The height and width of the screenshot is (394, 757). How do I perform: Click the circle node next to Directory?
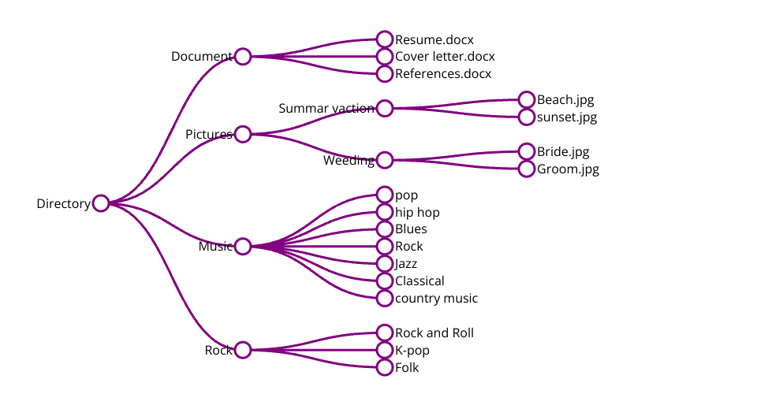coord(101,203)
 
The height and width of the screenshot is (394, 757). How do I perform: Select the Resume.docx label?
coord(434,39)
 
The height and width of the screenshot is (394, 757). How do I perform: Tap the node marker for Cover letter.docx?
coord(385,57)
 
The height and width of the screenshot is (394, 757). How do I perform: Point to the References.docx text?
coord(443,74)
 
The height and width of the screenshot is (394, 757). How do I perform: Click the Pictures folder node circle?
coord(243,134)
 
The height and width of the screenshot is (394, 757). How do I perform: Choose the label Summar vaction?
coord(326,108)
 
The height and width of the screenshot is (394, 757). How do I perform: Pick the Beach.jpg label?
coord(565,100)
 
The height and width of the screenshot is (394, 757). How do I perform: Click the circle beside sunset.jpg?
coord(527,117)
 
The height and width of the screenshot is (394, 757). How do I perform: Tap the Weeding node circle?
coord(385,160)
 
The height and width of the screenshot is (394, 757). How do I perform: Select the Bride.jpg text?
coord(563,152)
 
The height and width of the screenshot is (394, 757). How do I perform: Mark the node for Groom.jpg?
coord(527,169)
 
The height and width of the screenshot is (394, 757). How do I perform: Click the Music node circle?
coord(243,247)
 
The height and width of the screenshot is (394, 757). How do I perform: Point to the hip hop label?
coord(417,213)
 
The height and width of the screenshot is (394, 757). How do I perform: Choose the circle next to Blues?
coord(385,229)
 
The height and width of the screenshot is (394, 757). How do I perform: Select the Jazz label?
coord(406,264)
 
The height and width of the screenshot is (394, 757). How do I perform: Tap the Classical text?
coord(420,281)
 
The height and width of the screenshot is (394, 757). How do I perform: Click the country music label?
coord(436,299)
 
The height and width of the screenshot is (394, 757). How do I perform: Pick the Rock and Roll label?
coord(434,333)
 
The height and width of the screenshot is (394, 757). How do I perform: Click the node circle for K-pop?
coord(385,350)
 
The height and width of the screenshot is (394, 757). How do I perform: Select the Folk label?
coord(407,368)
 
